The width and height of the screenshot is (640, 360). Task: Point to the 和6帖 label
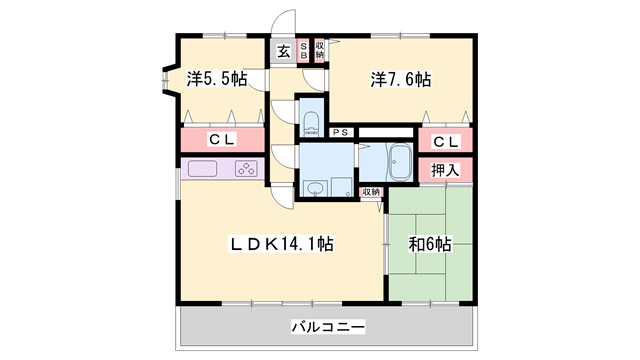(x=429, y=243)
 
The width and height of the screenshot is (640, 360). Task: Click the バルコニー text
(x=328, y=327)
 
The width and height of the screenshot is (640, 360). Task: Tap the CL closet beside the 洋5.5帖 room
(x=222, y=140)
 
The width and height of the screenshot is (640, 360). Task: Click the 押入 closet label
(x=445, y=169)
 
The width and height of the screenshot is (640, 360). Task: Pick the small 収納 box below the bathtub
(x=371, y=191)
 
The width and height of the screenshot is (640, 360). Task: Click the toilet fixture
(x=311, y=123)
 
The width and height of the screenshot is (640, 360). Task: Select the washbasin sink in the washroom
(x=315, y=188)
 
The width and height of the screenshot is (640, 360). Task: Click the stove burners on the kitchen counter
(x=246, y=169)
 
